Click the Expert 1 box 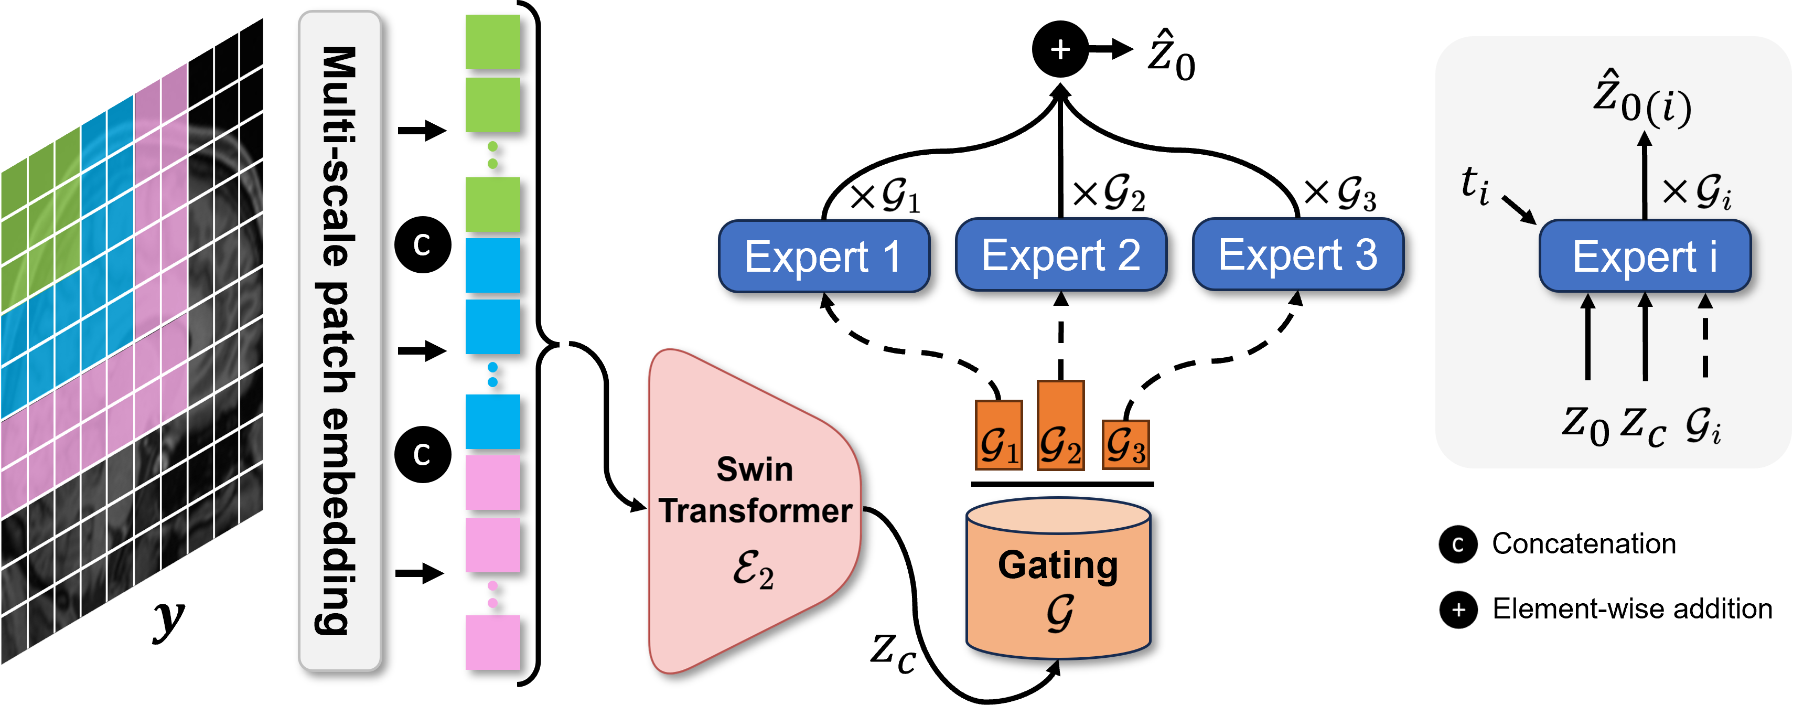(824, 256)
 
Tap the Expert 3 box (1298, 254)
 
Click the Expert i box (1645, 256)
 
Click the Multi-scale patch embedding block (340, 341)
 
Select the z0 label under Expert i (1585, 424)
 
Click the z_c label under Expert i (1644, 424)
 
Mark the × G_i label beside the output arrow (1697, 191)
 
